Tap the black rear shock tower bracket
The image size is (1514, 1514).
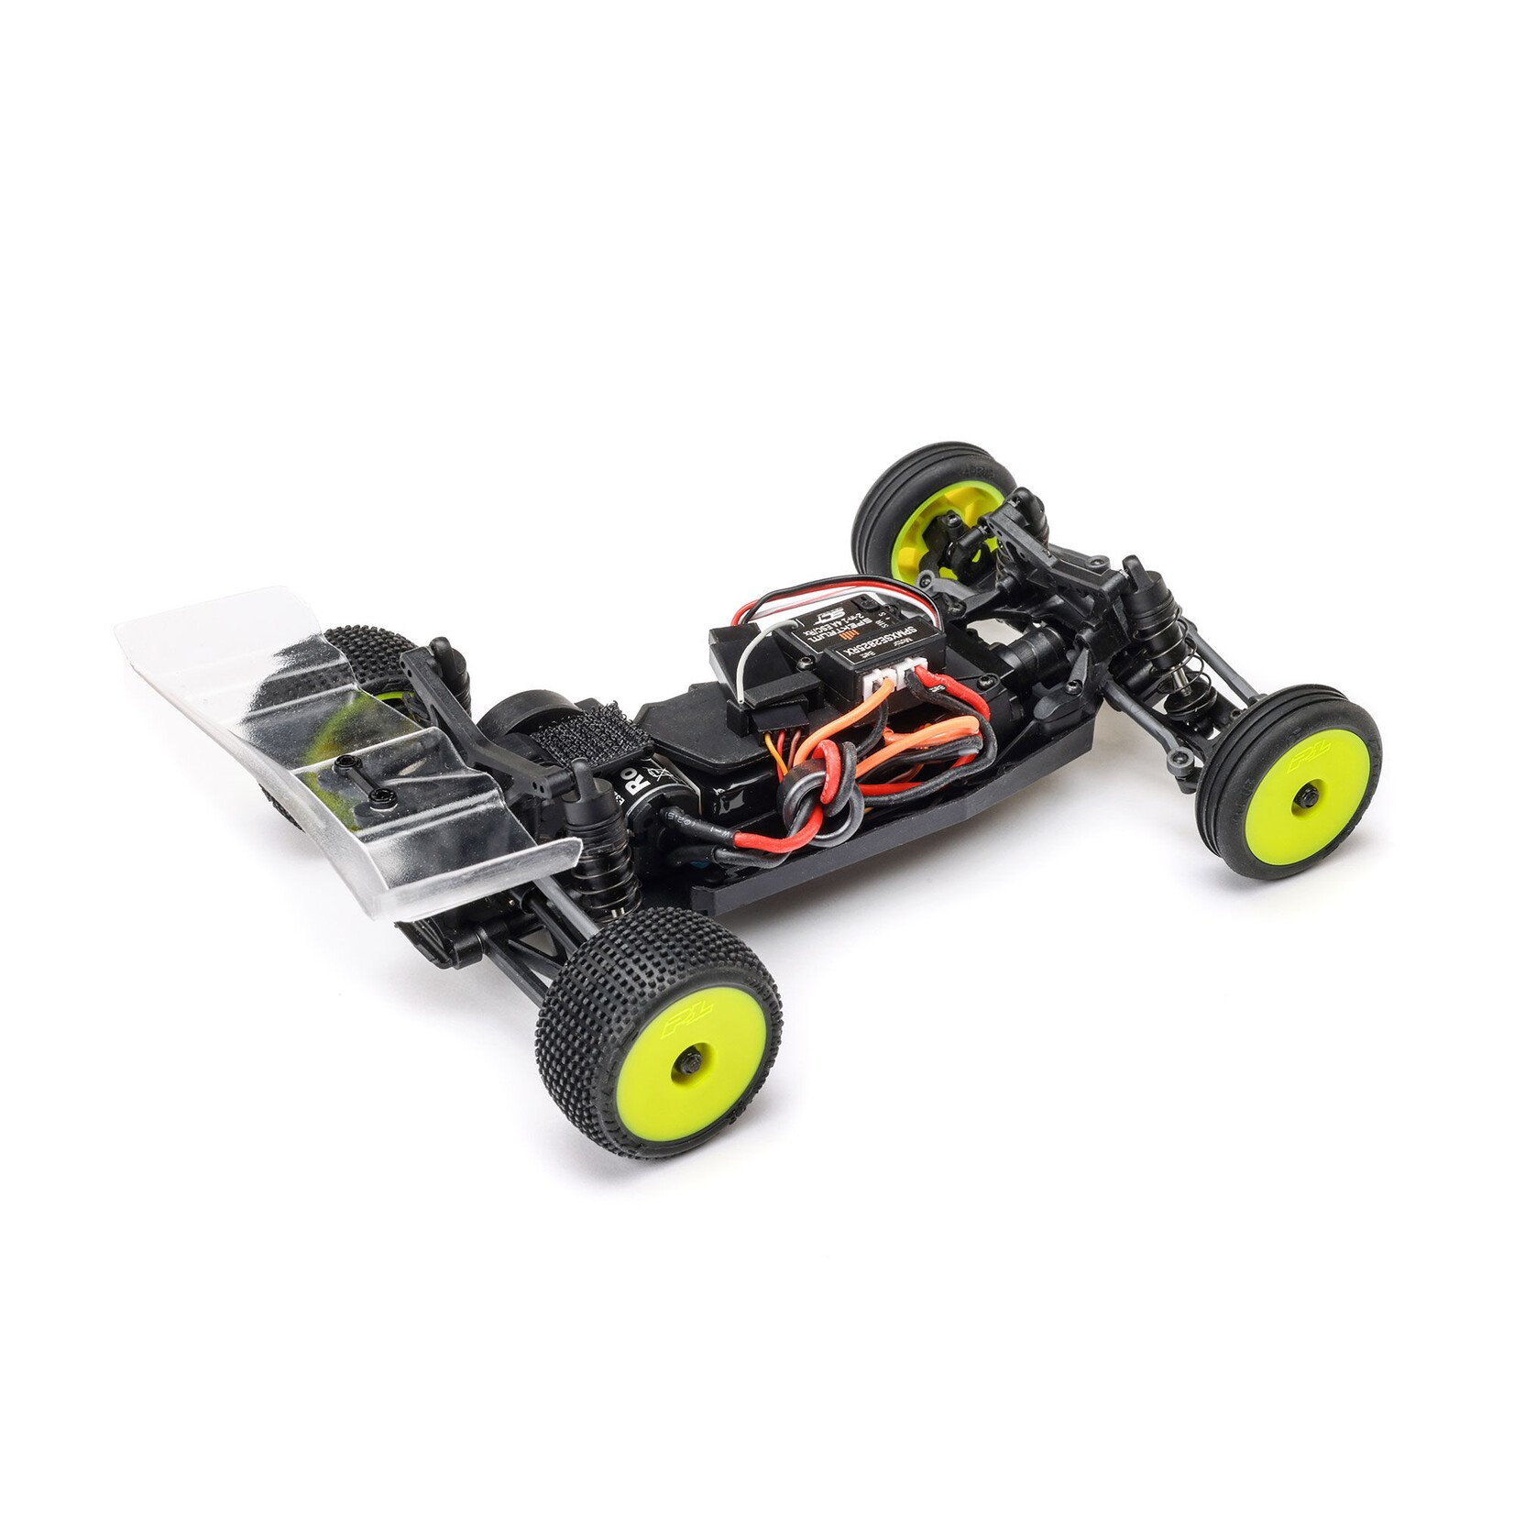(477, 724)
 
